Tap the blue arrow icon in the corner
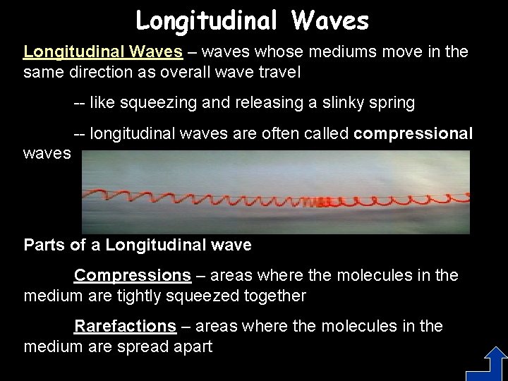tap(487, 363)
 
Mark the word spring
tap(392, 103)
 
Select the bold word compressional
tap(413, 134)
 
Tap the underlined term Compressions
tap(133, 275)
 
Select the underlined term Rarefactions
tap(125, 326)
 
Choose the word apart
tap(193, 346)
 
